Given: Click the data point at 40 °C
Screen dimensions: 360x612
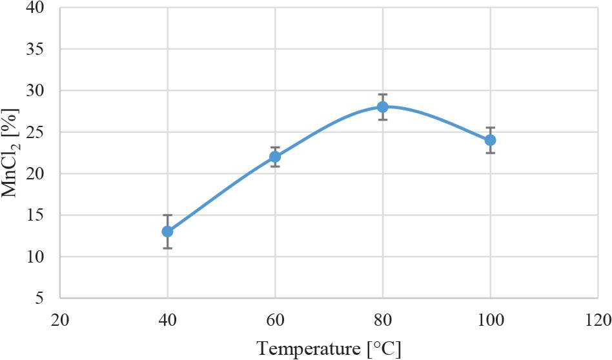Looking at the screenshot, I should (x=168, y=231).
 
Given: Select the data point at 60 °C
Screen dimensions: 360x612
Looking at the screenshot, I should (x=275, y=157).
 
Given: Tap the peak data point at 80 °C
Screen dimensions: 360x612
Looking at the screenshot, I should (x=383, y=107).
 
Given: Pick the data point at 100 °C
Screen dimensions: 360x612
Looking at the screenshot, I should (x=490, y=140).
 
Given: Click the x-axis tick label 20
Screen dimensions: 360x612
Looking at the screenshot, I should (x=60, y=319).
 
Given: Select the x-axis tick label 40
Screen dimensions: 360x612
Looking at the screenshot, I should (x=168, y=319).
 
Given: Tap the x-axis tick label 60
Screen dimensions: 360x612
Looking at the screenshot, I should (x=275, y=319).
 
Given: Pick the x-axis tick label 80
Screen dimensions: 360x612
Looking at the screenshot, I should (x=383, y=319).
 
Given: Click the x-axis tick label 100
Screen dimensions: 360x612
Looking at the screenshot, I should (x=490, y=319).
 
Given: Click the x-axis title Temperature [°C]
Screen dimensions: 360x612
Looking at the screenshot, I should (x=329, y=348).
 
